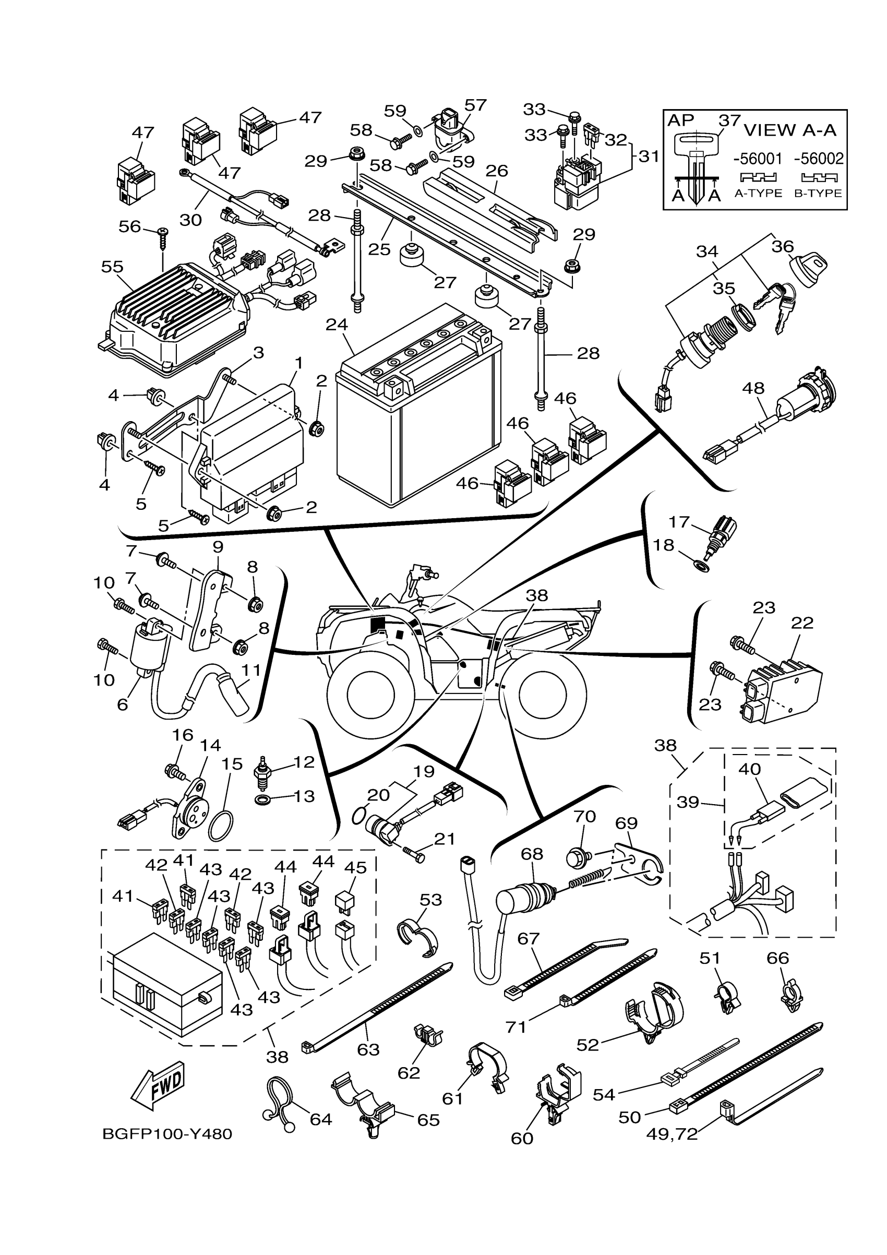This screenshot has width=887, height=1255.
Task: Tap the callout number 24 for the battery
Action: pyautogui.click(x=337, y=325)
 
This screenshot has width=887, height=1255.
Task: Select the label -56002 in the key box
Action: pyautogui.click(x=819, y=159)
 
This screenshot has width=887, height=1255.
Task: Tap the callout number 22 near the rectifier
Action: pyautogui.click(x=802, y=623)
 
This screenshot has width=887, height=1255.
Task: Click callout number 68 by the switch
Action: pyautogui.click(x=532, y=853)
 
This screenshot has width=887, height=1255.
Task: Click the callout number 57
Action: pyautogui.click(x=475, y=105)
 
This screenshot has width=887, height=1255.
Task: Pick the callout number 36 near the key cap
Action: pyautogui.click(x=782, y=246)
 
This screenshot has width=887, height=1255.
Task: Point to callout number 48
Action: pyautogui.click(x=753, y=388)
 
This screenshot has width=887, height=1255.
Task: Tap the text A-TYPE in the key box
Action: pyautogui.click(x=758, y=193)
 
